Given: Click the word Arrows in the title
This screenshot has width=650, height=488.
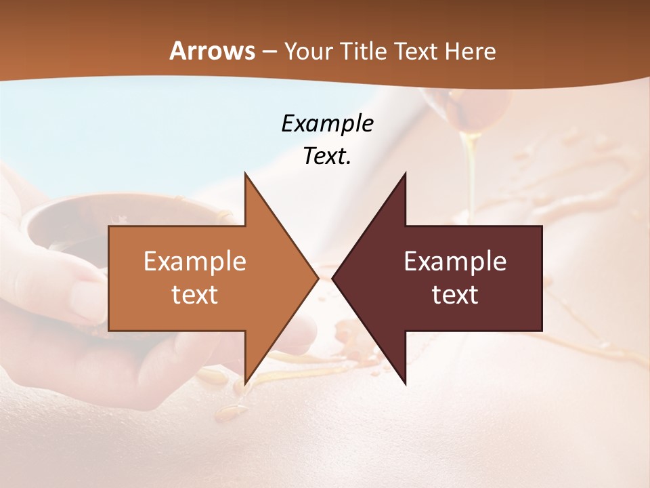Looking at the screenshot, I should [x=211, y=51].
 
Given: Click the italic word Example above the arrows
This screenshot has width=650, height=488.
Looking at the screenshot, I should [x=327, y=123].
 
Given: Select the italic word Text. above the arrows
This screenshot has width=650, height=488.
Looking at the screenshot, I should [x=327, y=156].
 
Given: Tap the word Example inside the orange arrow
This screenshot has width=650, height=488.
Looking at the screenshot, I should [x=194, y=262].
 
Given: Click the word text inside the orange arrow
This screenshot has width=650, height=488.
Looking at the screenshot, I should [x=194, y=294].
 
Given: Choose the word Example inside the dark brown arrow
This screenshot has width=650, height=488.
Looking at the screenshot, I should [x=455, y=262].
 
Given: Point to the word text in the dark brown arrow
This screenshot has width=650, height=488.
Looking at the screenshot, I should [x=455, y=294].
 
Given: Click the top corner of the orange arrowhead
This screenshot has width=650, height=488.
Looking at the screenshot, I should [x=245, y=174].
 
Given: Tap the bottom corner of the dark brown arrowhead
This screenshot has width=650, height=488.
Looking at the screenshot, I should [x=405, y=384].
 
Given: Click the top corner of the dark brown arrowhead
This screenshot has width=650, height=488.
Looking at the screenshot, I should [x=405, y=174].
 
